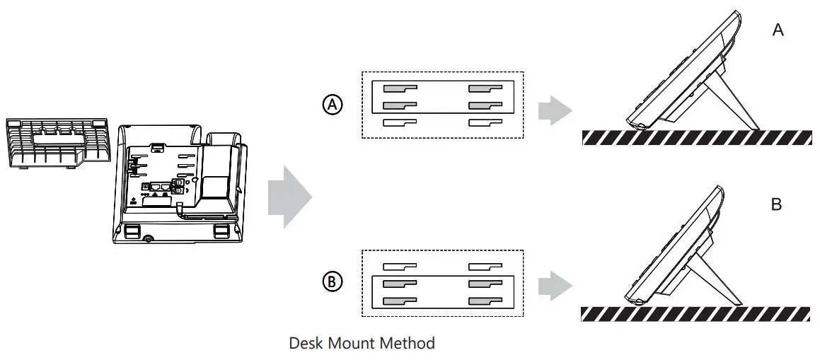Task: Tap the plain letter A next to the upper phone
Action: point(778,30)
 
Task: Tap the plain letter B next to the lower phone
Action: point(776,205)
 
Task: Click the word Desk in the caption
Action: point(306,344)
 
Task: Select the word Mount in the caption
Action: point(355,344)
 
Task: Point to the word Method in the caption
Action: point(410,344)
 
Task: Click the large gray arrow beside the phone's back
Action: point(289,196)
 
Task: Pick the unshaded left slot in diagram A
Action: point(400,122)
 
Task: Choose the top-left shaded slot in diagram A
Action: point(400,89)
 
